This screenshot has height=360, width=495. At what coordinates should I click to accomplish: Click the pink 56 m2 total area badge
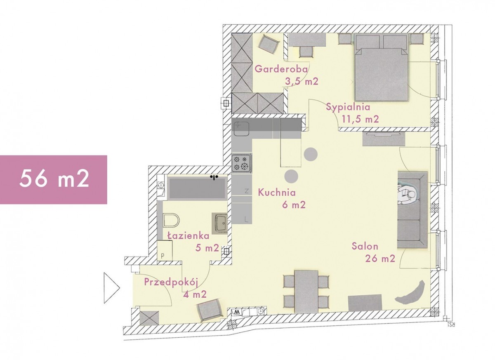[x=54, y=179]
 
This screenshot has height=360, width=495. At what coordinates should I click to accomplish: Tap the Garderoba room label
[x=281, y=69]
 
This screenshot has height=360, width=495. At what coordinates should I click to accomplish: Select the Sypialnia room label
[x=348, y=107]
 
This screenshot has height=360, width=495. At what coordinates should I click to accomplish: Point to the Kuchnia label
[x=277, y=192]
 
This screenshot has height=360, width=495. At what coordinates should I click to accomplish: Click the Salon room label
[x=365, y=246]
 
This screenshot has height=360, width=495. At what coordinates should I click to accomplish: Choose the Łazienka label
[x=188, y=235]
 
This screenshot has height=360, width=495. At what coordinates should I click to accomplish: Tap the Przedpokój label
[x=171, y=282]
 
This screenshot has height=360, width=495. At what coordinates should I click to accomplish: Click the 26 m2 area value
[x=380, y=259]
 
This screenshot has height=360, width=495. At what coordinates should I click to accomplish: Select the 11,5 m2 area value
[x=361, y=119]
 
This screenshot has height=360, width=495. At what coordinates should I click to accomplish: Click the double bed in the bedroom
[x=381, y=67]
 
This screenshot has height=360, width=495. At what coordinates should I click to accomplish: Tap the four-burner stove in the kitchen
[x=242, y=163]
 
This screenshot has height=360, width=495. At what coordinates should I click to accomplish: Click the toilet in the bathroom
[x=171, y=220]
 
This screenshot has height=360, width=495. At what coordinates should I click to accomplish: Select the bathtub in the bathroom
[x=197, y=188]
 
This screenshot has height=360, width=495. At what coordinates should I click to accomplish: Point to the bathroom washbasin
[x=219, y=223]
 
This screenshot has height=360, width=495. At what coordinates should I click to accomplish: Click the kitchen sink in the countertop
[x=242, y=129]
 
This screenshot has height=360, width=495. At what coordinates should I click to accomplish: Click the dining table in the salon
[x=306, y=292]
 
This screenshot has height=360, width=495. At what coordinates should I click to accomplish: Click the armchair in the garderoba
[x=268, y=45]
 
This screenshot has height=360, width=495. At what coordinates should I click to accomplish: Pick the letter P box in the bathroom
[x=165, y=251]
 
